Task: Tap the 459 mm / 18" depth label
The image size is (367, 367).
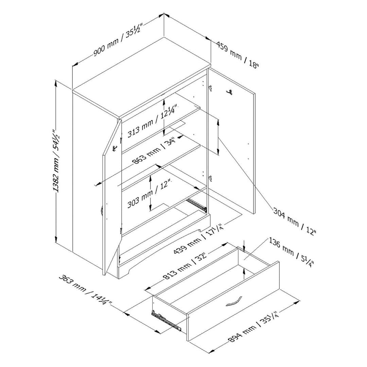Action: coord(238,55)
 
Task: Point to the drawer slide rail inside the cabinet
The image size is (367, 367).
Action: coord(196,204)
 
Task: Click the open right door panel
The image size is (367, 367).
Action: coord(234,143)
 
